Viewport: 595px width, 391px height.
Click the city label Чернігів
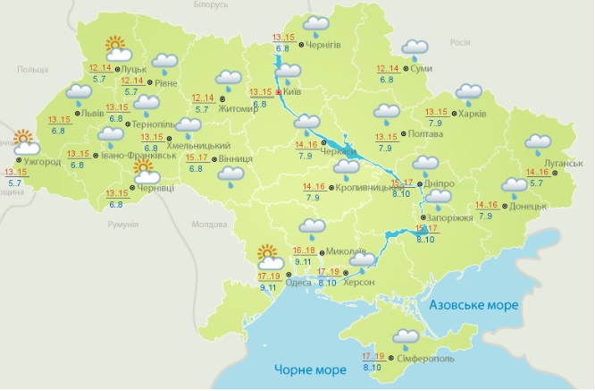[x=323, y=44]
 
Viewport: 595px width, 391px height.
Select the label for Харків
[x=475, y=114]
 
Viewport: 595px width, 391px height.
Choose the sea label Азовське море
[x=473, y=306]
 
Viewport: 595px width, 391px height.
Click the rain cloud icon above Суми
[x=415, y=49]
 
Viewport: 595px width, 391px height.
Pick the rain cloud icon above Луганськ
[x=538, y=142]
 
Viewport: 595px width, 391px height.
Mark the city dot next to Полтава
[x=402, y=133]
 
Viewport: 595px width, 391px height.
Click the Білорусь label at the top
[x=209, y=4]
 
